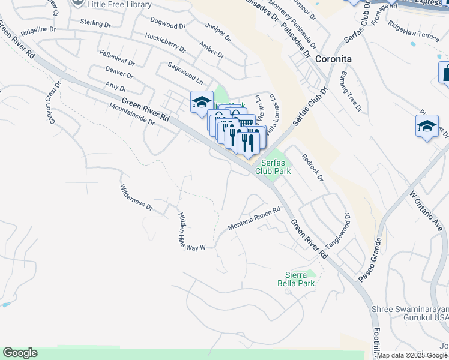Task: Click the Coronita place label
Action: click(333, 59)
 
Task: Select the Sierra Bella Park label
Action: click(296, 278)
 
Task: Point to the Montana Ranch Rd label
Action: click(254, 219)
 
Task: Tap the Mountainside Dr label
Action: click(132, 114)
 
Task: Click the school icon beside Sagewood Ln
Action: click(202, 101)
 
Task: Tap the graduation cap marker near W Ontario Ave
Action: click(427, 127)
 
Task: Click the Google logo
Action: click(20, 353)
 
